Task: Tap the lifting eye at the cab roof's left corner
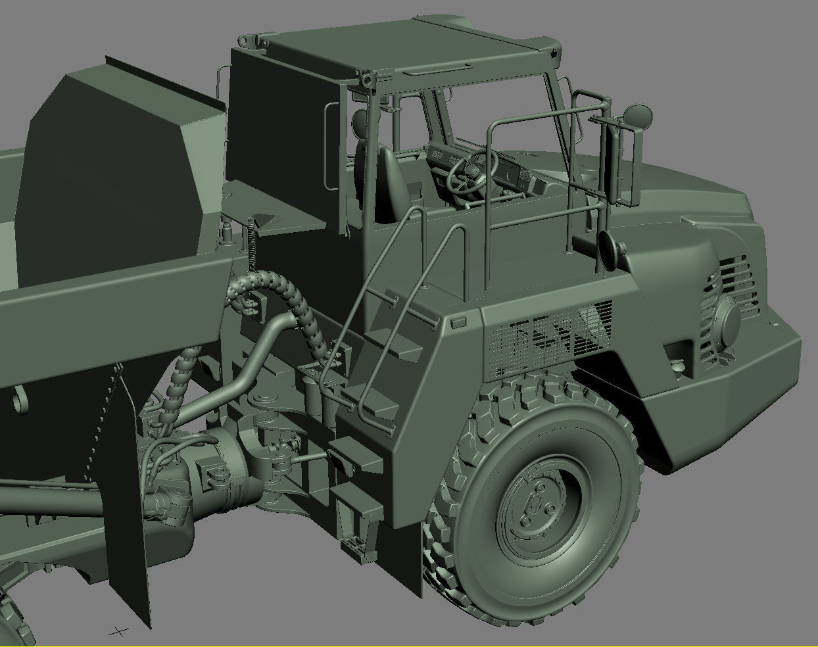246,41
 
